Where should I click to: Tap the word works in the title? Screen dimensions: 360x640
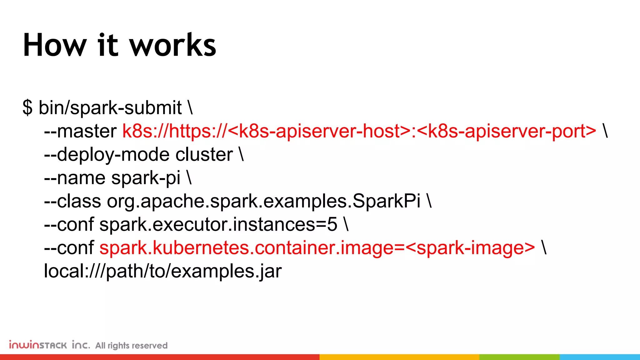173,45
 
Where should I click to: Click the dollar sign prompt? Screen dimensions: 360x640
27,108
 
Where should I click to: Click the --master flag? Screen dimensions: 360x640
80,131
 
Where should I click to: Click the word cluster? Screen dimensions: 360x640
204,155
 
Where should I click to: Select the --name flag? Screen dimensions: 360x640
75,178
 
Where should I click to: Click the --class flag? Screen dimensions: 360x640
72,201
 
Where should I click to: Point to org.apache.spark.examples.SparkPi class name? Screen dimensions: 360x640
264,201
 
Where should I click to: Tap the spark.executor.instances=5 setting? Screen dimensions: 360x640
218,225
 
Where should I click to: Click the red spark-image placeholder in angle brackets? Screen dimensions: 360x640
470,248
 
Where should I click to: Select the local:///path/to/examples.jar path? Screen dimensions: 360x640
163,271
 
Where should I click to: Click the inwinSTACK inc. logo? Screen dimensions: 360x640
49,345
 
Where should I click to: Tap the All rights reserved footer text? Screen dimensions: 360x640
131,346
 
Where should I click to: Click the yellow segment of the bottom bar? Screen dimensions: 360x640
399,357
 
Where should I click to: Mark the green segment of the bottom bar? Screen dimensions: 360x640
519,357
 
